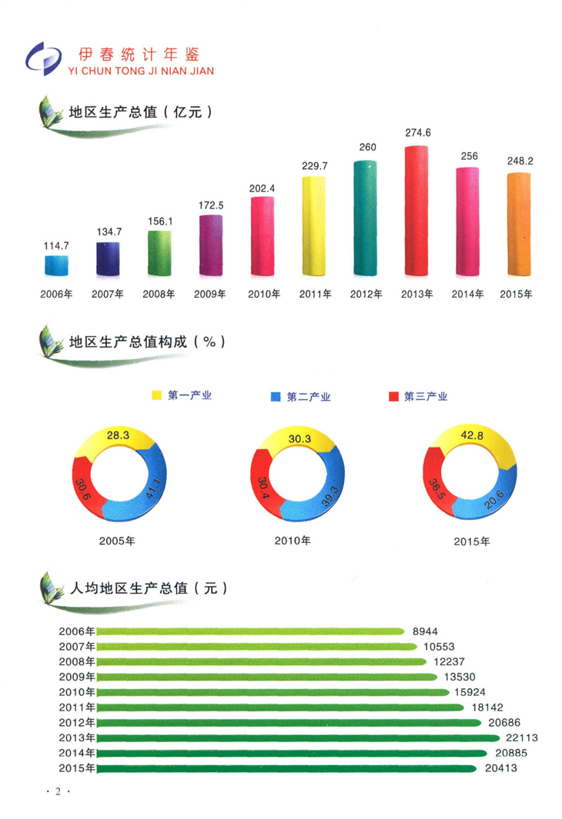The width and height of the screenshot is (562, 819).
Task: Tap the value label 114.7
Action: [56, 245]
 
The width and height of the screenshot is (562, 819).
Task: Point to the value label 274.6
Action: [418, 132]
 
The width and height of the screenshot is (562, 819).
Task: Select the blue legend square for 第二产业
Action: [276, 397]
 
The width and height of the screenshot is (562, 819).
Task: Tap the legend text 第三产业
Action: [425, 397]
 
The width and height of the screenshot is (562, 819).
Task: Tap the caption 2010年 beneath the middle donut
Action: [293, 541]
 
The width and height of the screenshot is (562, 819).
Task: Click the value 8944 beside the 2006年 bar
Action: [425, 631]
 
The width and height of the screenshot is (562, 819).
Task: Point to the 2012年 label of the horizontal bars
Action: [76, 722]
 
